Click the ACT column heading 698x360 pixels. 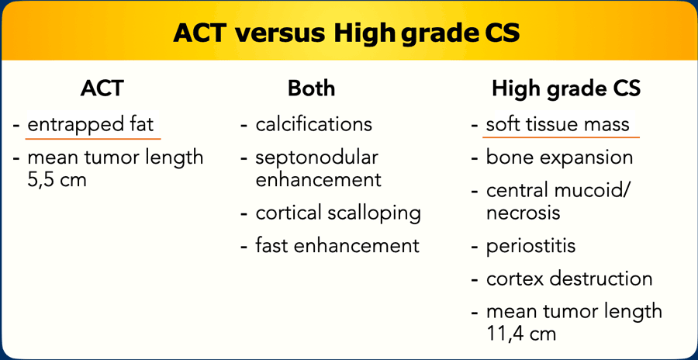coord(102,88)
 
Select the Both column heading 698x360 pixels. coord(311,88)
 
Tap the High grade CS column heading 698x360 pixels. coord(566,89)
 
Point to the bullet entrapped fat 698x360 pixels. coord(91,124)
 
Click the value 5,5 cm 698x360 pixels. coord(57,181)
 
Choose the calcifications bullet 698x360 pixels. coord(314,124)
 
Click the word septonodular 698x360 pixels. coord(316,157)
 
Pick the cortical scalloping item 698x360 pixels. coord(338,213)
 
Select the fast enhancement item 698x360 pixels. coord(337,245)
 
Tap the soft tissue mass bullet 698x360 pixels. coord(558,124)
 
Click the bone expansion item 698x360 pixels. coord(559,157)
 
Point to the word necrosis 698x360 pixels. coord(523,213)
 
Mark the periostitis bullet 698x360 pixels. coord(530,246)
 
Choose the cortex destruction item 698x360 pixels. coord(569,279)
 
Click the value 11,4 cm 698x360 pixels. coord(521,334)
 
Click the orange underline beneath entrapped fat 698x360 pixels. coord(93,138)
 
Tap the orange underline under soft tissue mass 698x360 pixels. coord(561,137)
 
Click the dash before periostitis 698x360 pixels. coord(475,247)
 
